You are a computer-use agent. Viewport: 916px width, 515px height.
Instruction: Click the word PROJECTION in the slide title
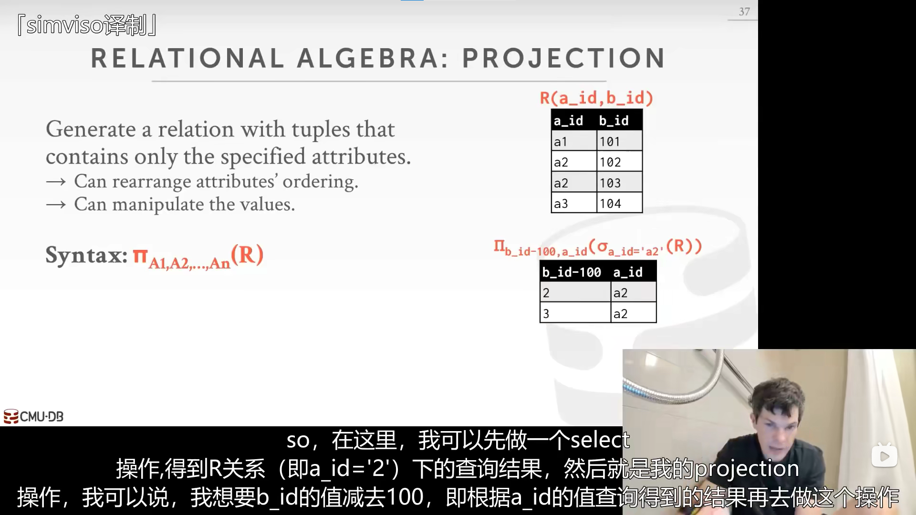(563, 58)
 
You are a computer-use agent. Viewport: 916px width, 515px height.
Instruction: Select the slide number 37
(744, 11)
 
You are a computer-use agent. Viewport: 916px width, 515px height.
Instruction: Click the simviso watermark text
(87, 25)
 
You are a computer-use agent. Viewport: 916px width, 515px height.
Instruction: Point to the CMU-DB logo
(33, 416)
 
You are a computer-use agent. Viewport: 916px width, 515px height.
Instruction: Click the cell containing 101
(619, 142)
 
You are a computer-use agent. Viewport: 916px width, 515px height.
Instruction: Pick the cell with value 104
(619, 204)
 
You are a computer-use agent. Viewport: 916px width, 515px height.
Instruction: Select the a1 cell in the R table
(574, 142)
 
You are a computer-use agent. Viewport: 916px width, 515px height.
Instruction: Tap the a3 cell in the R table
(574, 204)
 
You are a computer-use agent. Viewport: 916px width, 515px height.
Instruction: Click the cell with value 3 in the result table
(575, 313)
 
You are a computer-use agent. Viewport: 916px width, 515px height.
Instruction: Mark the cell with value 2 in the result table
(575, 293)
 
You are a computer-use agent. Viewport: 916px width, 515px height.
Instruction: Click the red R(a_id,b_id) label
(596, 98)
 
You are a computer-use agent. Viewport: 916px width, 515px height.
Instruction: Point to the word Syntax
(86, 256)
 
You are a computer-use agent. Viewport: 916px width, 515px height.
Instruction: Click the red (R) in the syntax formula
(247, 255)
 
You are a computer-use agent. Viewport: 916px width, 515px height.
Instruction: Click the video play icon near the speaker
(884, 456)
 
